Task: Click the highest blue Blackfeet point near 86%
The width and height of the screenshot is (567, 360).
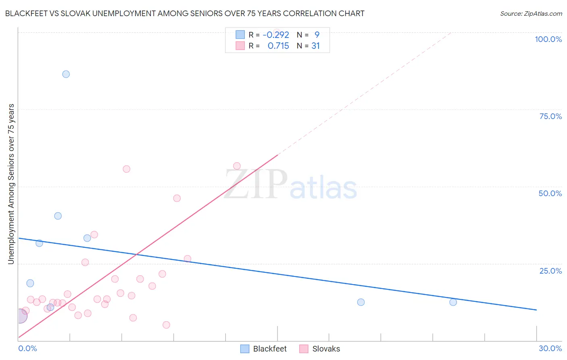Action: (66, 74)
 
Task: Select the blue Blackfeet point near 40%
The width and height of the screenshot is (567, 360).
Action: (58, 216)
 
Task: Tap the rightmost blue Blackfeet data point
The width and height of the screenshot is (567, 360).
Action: (453, 302)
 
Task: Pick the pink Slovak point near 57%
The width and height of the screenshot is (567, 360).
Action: (237, 166)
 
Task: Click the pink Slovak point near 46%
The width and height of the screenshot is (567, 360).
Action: (177, 198)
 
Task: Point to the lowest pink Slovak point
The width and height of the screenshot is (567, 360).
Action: (166, 325)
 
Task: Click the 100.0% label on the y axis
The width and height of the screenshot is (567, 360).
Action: (548, 39)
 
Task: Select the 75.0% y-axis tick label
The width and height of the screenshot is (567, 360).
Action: (550, 116)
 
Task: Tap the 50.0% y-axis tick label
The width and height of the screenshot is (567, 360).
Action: (550, 193)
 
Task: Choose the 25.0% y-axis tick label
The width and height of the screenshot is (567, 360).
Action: (550, 271)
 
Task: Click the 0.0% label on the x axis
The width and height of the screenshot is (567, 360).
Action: (27, 348)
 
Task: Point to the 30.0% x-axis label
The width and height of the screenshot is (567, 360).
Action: (550, 348)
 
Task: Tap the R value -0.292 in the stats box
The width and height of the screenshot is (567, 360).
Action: (276, 35)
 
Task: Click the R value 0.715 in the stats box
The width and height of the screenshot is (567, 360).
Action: (278, 46)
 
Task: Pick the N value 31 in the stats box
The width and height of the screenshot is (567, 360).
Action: (315, 46)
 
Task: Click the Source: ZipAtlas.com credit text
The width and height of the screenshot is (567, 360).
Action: (531, 14)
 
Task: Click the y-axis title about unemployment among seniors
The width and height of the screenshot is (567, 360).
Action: (11, 184)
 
